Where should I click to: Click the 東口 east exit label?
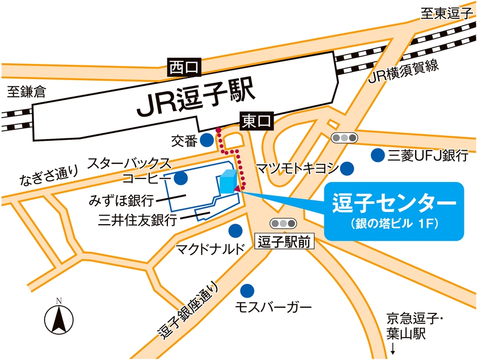point(256,121)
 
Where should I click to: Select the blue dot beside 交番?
point(207,140)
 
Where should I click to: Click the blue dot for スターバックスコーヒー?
point(181,178)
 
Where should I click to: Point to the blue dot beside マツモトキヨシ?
point(347,167)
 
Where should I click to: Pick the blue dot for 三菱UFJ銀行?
point(377,155)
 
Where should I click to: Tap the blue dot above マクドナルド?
point(235,231)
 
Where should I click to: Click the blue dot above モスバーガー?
point(247,291)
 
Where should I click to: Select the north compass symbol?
point(59,318)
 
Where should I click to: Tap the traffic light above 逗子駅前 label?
point(282,223)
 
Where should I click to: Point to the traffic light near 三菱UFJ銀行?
point(344,137)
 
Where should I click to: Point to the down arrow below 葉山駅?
point(393,349)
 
